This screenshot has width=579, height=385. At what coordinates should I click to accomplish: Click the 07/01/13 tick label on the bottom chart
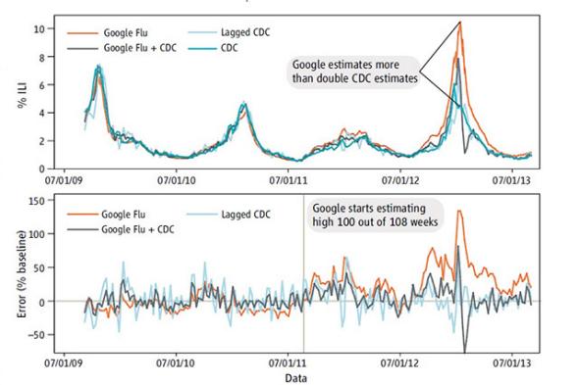514,360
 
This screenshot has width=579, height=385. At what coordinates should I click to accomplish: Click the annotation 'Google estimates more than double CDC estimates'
353,72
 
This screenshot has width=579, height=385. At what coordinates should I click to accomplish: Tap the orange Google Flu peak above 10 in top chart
459,22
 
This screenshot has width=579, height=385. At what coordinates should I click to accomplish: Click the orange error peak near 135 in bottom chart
459,211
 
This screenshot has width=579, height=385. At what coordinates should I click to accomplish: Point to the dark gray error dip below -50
463,351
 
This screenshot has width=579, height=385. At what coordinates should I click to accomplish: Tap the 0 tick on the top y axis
40,168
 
